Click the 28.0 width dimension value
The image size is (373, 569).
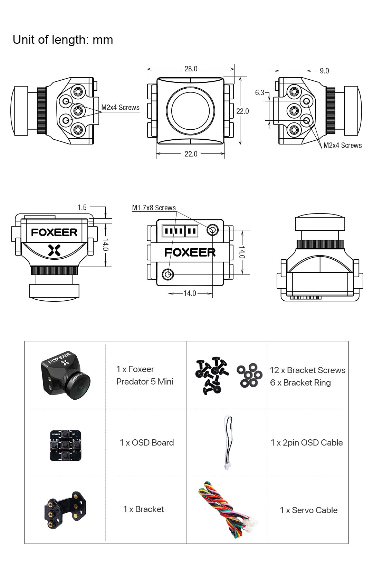191,69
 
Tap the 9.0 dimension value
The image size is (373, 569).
324,71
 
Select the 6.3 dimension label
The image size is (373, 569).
259,92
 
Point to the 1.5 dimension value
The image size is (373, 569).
82,207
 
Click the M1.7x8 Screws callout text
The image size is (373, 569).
154,208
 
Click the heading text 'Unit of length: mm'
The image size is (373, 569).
63,40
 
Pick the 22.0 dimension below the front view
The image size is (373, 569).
191,154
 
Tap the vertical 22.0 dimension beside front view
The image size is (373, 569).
242,111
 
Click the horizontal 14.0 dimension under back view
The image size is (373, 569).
190,293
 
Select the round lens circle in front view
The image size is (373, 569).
190,110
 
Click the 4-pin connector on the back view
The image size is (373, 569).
173,231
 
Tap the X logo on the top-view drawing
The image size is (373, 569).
54,250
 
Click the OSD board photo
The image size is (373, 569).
65,445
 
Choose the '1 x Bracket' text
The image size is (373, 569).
143,509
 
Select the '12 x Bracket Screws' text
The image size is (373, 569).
307,370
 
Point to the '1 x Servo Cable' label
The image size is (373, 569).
308,510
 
